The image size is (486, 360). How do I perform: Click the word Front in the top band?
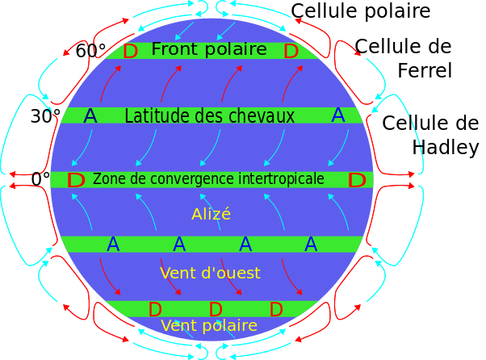click(x=174, y=50)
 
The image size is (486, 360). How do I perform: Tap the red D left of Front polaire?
click(x=131, y=52)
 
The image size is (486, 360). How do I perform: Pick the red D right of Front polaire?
click(x=291, y=52)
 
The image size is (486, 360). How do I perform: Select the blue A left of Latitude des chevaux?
click(x=90, y=116)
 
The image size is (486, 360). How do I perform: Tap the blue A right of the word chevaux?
click(x=338, y=115)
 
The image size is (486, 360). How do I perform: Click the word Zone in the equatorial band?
click(x=107, y=179)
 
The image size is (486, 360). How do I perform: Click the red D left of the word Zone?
click(x=76, y=181)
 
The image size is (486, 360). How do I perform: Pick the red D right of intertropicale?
click(x=357, y=181)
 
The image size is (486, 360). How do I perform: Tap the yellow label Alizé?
click(x=211, y=215)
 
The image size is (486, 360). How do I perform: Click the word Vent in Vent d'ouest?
click(x=177, y=274)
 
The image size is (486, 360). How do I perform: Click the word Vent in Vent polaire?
click(x=178, y=326)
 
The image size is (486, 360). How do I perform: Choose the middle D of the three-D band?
click(x=216, y=310)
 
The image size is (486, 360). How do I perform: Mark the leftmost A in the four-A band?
click(x=113, y=245)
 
